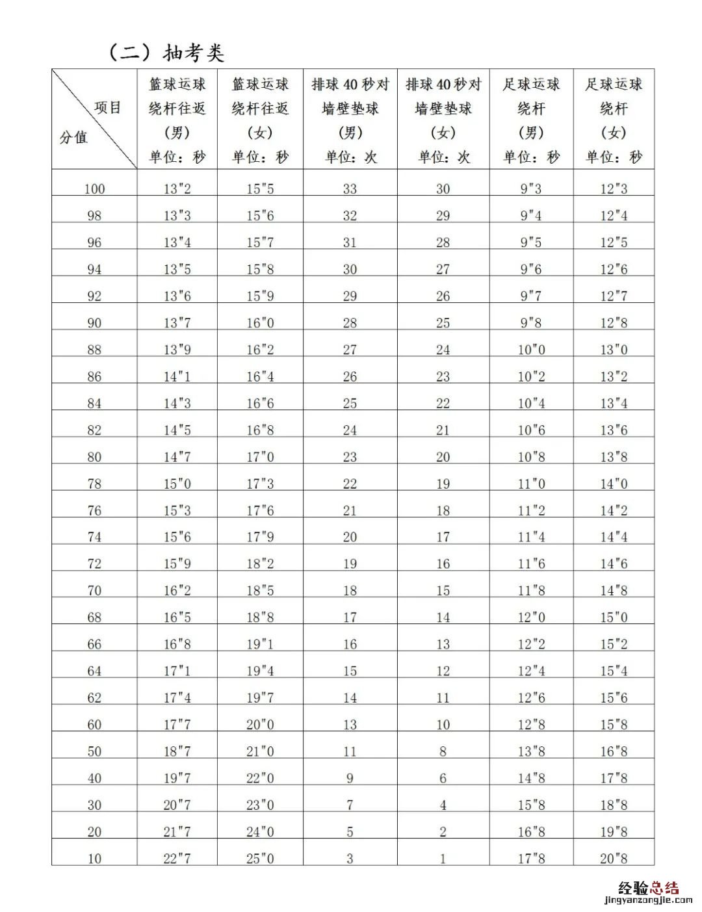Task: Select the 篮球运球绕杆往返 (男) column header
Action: click(x=177, y=120)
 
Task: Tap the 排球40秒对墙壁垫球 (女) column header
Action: click(x=443, y=120)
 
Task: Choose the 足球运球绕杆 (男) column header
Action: click(x=531, y=120)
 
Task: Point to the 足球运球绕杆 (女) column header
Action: click(x=614, y=120)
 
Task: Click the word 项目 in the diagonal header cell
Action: click(x=107, y=107)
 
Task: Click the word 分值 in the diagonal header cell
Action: click(x=73, y=138)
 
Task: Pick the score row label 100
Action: click(x=94, y=189)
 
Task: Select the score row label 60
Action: click(x=94, y=725)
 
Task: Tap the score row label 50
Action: click(x=94, y=751)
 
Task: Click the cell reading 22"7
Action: click(x=177, y=859)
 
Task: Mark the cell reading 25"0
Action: click(x=260, y=859)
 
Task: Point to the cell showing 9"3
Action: click(x=531, y=189)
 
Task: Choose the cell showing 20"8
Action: click(x=614, y=859)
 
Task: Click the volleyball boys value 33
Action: click(x=350, y=189)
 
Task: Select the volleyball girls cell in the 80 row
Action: click(x=443, y=457)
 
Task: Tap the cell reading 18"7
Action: click(x=177, y=751)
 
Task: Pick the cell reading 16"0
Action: click(x=260, y=323)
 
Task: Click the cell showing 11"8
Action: click(x=531, y=591)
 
